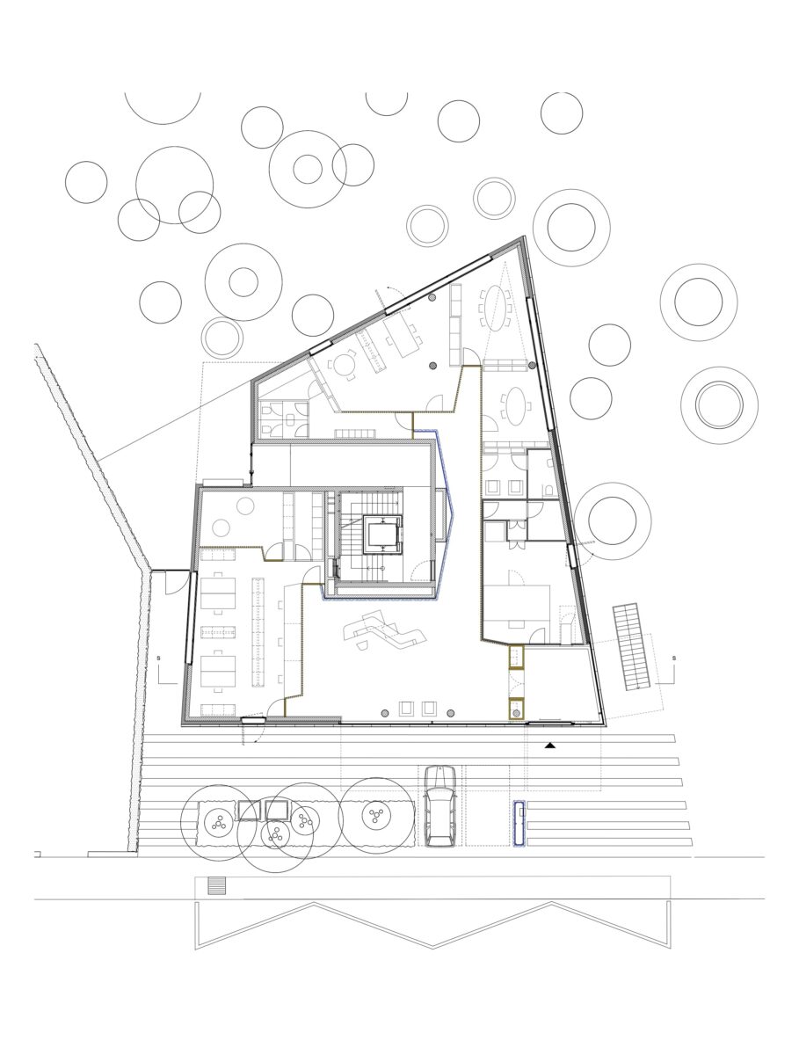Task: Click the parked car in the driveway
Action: (439, 805)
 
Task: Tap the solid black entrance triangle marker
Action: (550, 746)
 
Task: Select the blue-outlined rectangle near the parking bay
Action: (519, 824)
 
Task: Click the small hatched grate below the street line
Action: (216, 886)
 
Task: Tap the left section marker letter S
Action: (157, 657)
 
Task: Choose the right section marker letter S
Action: (672, 657)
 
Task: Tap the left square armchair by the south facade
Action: (406, 709)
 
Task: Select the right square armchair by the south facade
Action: (429, 709)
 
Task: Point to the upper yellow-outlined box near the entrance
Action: (516, 657)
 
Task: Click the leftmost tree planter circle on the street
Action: (216, 823)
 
